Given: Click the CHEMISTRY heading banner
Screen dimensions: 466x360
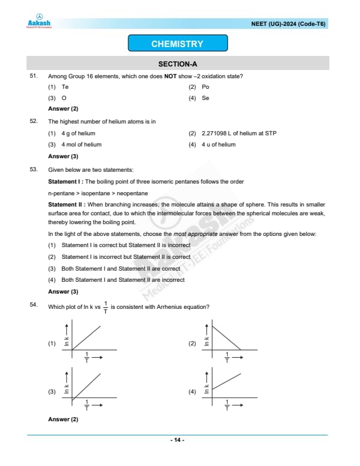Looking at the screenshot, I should coord(177,44).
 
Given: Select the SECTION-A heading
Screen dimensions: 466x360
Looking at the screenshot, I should coord(177,64).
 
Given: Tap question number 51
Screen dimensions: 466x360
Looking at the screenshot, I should coord(34,76).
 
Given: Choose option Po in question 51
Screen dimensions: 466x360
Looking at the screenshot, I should coord(205,87).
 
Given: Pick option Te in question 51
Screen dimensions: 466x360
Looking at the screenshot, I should coord(65,87).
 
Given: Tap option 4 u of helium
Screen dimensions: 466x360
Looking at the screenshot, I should coord(218,145).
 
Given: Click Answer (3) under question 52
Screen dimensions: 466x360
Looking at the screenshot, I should coord(63,157).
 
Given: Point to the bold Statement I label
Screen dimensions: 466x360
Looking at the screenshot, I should coord(65,182).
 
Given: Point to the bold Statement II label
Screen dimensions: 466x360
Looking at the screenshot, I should coord(66,204).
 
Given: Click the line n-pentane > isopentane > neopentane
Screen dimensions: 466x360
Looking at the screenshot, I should coord(98,193).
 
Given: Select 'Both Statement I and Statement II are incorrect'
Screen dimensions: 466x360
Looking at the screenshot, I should coord(122,280).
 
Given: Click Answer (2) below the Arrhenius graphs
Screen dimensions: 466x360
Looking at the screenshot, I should coord(63,420).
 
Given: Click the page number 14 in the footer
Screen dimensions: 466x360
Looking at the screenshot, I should coord(177,440).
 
